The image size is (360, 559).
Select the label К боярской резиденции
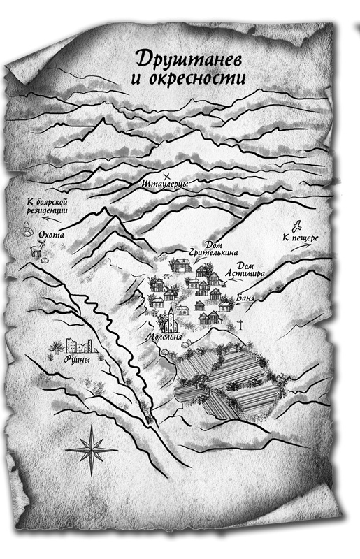pos(48,204)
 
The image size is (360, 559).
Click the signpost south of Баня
pos(239,323)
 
